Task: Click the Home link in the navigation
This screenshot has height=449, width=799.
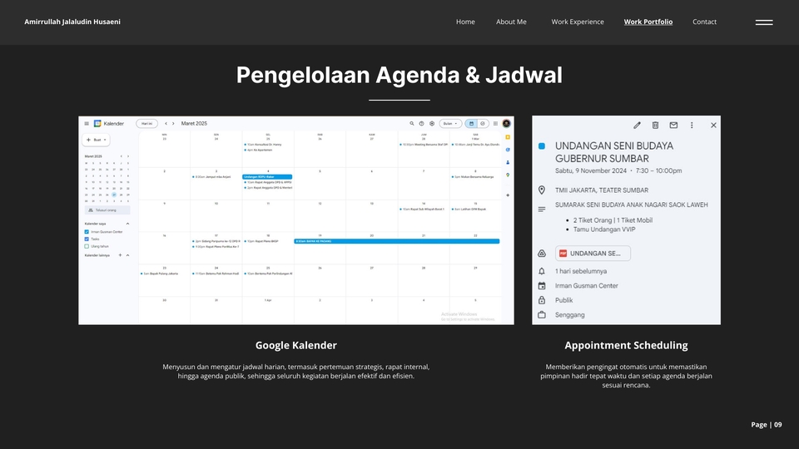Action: coord(465,22)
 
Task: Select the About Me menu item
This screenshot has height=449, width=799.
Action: coord(511,22)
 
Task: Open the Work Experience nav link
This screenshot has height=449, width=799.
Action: coord(578,22)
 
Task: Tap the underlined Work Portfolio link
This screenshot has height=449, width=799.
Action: coord(648,22)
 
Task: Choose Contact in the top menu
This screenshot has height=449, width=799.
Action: coord(704,22)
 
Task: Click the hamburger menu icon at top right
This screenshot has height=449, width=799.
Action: coord(764,22)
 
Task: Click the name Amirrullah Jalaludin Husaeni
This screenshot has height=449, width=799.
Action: coord(72,22)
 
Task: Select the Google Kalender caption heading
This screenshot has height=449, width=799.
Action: coord(295,345)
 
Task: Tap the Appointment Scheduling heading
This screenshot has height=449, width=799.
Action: coord(626,345)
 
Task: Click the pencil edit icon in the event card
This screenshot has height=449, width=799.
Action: coord(637,126)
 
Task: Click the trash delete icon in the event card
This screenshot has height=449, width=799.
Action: coord(655,126)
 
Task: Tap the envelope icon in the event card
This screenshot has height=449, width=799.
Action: coord(673,126)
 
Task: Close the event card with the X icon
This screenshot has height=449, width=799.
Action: coord(713,126)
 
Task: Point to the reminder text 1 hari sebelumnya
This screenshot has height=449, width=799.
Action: coord(581,271)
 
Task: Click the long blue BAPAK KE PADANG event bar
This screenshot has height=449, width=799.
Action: coord(396,241)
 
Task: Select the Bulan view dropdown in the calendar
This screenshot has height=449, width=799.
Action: coord(450,123)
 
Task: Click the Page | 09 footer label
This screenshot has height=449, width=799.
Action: coord(767,425)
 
